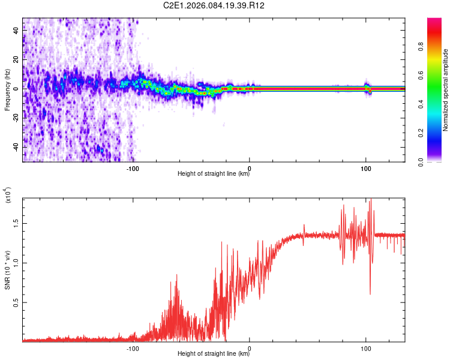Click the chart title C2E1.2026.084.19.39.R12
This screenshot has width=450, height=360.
pyautogui.click(x=214, y=5)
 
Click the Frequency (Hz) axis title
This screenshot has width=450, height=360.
pyautogui.click(x=7, y=90)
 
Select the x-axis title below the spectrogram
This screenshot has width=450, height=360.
pyautogui.click(x=214, y=174)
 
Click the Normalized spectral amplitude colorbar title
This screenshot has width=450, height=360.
pyautogui.click(x=446, y=90)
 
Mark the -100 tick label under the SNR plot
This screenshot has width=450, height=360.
pyautogui.click(x=133, y=347)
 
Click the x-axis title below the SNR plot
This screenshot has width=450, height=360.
pyautogui.click(x=214, y=354)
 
